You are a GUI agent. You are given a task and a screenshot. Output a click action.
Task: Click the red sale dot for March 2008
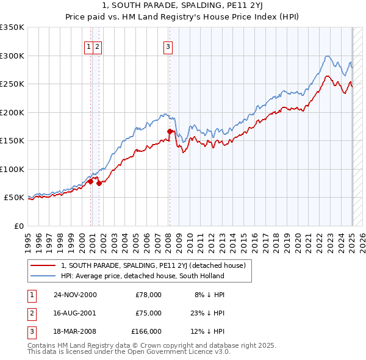[x=170, y=131]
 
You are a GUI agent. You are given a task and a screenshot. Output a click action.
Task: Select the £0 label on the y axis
[x=18, y=226]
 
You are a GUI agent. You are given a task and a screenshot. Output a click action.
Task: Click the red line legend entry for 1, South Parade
[x=152, y=265]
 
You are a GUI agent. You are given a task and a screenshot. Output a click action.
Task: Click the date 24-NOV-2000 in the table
[x=75, y=295]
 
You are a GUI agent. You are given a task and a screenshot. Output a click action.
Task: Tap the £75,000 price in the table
[x=148, y=313]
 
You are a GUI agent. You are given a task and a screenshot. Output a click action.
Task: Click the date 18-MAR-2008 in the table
[x=75, y=331]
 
